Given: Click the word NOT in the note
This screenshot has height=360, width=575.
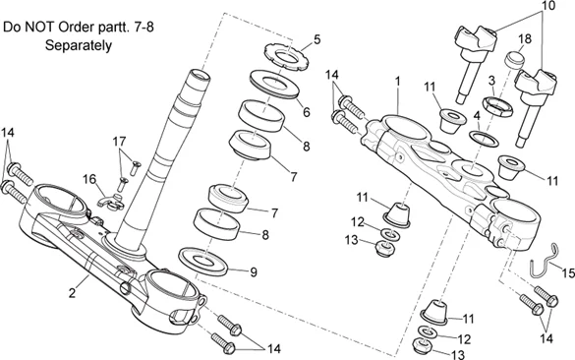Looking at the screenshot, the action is click(x=40, y=28).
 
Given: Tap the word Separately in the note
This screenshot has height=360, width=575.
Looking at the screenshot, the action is click(x=78, y=45).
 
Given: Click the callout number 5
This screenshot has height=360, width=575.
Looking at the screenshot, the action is click(x=316, y=39).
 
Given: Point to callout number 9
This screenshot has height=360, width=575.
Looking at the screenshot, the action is click(x=253, y=271).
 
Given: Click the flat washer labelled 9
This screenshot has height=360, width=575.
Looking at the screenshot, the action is click(x=202, y=261).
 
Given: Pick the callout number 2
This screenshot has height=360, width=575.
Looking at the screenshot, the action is click(x=72, y=293).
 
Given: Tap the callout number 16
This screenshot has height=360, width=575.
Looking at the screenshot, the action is click(x=89, y=180).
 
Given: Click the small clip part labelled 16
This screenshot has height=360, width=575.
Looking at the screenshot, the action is click(x=111, y=203).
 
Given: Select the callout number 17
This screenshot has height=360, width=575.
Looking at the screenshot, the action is click(x=119, y=142).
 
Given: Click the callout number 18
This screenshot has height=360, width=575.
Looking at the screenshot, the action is click(x=525, y=39).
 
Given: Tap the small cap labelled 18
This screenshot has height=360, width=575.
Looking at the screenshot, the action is click(x=513, y=60).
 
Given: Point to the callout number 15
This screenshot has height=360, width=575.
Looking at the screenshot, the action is click(x=568, y=272).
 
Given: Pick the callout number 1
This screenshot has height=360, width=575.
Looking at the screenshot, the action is click(x=397, y=82).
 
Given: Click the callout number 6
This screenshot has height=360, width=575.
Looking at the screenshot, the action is click(x=307, y=111).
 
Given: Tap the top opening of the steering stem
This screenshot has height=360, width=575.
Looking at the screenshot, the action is click(x=201, y=76).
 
